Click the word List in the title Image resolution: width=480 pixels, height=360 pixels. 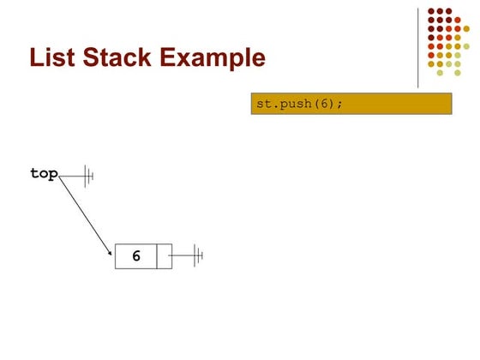pyautogui.click(x=52, y=57)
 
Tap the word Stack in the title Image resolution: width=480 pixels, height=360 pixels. pyautogui.click(x=117, y=57)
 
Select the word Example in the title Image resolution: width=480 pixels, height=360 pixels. pyautogui.click(x=213, y=59)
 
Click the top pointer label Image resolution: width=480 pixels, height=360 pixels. pyautogui.click(x=44, y=173)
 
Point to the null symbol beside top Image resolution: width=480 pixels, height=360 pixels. pyautogui.click(x=89, y=176)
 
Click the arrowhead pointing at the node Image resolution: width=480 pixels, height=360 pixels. pyautogui.click(x=110, y=253)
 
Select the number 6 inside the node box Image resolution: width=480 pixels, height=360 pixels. pyautogui.click(x=136, y=255)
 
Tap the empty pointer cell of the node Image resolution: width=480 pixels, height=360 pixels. pyautogui.click(x=165, y=256)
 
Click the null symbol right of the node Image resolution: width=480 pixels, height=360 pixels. pyautogui.click(x=198, y=255)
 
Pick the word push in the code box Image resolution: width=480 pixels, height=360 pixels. pyautogui.click(x=296, y=104)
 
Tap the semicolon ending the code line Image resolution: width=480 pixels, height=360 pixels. pyautogui.click(x=339, y=105)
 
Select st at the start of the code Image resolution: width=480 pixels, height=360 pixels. pyautogui.click(x=264, y=104)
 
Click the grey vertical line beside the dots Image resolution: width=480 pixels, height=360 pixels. pyautogui.click(x=418, y=48)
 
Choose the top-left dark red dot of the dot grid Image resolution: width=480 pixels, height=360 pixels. pyautogui.click(x=431, y=11)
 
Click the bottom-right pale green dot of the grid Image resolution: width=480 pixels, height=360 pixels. pyautogui.click(x=458, y=73)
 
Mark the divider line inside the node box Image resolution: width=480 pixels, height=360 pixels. pyautogui.click(x=157, y=256)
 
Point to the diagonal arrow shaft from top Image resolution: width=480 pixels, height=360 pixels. pyautogui.click(x=85, y=214)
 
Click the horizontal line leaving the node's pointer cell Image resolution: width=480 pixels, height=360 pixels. pyautogui.click(x=181, y=255)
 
